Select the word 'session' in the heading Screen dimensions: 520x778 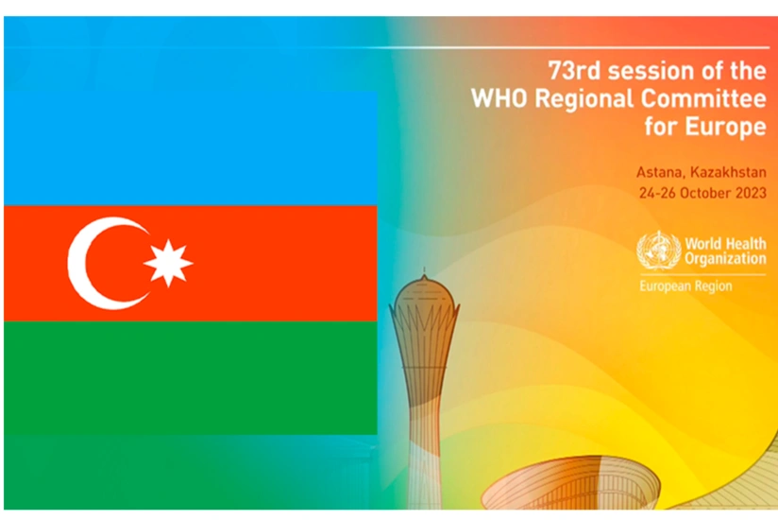[x=644, y=70]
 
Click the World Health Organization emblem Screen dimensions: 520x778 [x=658, y=252]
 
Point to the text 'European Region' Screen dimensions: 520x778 [x=685, y=286]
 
